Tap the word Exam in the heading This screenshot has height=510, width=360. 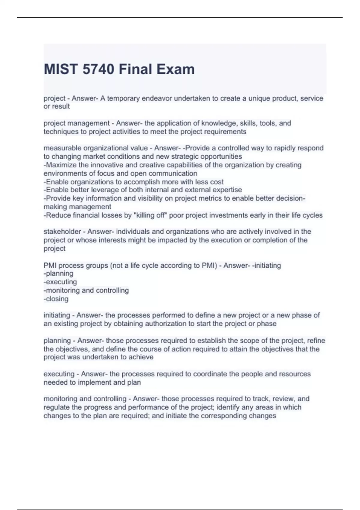pos(177,69)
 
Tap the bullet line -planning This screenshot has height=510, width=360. pos(58,274)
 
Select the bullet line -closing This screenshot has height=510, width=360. pos(56,299)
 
